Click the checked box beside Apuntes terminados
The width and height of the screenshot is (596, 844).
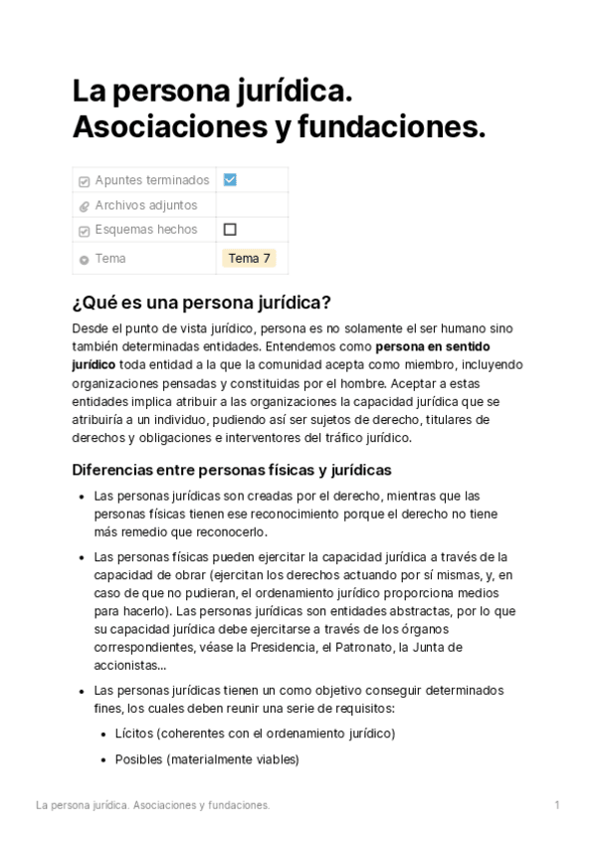pos(230,180)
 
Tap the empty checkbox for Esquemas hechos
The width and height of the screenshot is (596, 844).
pos(230,230)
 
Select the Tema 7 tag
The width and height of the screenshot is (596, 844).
pos(249,259)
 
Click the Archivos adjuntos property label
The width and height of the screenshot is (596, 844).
pos(145,205)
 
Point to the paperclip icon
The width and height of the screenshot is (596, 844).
pos(84,206)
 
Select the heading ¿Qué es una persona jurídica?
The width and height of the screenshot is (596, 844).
pos(201,303)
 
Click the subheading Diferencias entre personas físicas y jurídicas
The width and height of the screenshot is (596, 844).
pos(232,470)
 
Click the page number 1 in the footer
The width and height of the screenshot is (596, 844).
pos(557,804)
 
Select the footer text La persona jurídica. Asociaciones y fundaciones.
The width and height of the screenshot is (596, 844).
pos(152,804)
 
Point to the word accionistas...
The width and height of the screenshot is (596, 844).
pos(126,666)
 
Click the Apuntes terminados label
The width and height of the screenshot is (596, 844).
pos(152,180)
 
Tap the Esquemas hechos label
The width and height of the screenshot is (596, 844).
pos(145,230)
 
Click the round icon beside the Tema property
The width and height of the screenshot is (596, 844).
pos(84,260)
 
